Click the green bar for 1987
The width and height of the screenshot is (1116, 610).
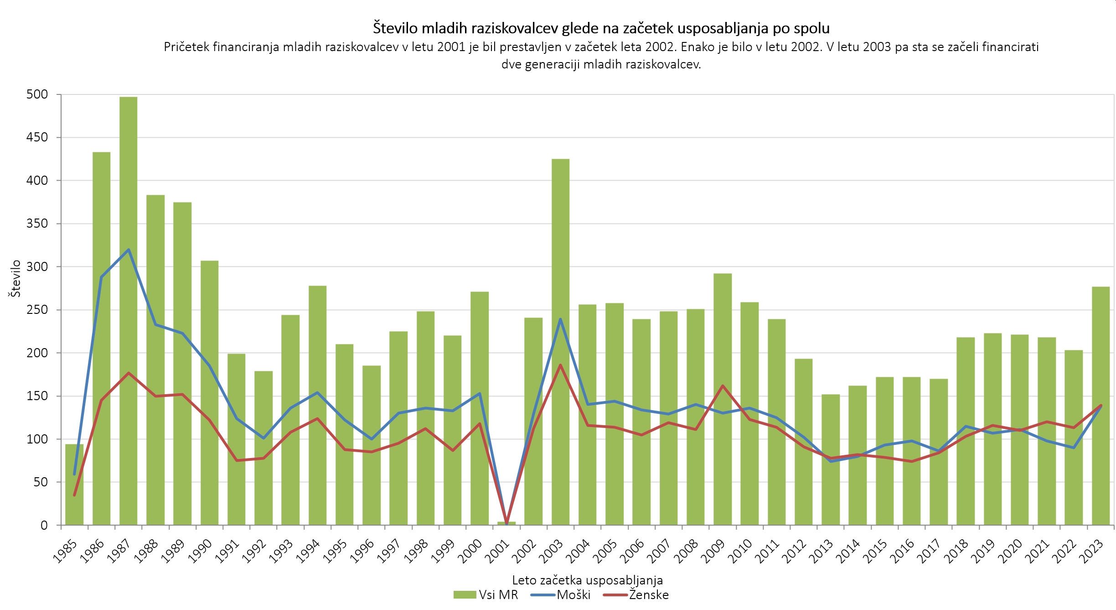pyautogui.click(x=129, y=310)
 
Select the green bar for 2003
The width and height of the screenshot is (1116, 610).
pyautogui.click(x=560, y=342)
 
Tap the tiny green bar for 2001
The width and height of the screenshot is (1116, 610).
pyautogui.click(x=506, y=523)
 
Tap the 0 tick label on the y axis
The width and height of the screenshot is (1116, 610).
pyautogui.click(x=44, y=525)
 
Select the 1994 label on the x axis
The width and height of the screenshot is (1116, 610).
pyautogui.click(x=308, y=551)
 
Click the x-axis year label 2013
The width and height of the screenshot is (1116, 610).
pyautogui.click(x=821, y=551)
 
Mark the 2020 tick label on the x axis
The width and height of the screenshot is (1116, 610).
pyautogui.click(x=1010, y=551)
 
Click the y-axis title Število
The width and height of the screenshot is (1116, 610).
pyautogui.click(x=15, y=278)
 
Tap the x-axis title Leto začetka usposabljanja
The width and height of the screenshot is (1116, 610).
pyautogui.click(x=587, y=580)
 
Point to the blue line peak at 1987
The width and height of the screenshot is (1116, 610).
pyautogui.click(x=129, y=250)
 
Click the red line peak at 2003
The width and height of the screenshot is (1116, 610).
pyautogui.click(x=560, y=365)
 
